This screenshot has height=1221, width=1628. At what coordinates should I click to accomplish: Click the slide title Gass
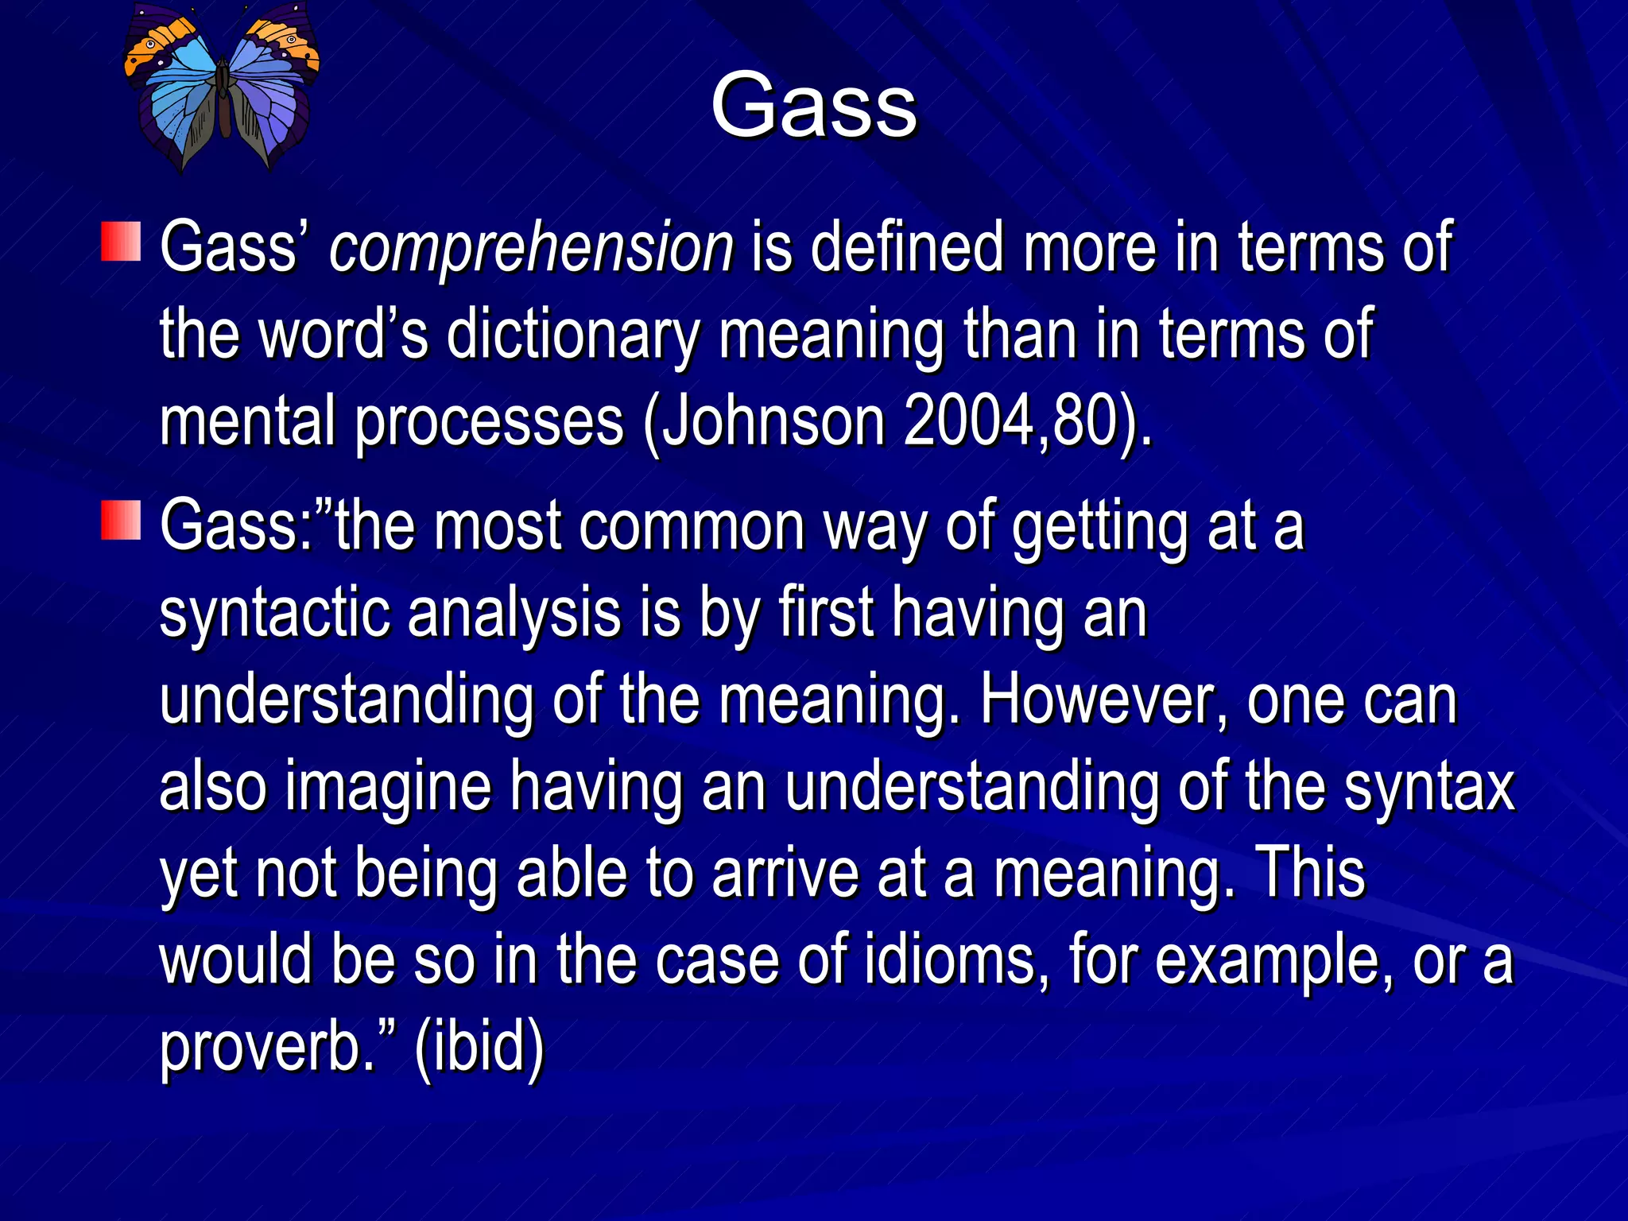813,106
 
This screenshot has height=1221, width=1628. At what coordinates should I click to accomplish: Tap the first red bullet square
121,242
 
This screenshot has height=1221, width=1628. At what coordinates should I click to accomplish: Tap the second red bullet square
121,521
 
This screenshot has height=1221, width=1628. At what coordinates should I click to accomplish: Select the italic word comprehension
531,248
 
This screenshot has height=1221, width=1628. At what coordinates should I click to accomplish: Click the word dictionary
572,335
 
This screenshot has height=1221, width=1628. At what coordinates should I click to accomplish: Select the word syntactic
275,614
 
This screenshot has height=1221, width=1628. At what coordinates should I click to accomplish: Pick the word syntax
1429,787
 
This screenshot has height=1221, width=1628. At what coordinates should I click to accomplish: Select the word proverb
267,1048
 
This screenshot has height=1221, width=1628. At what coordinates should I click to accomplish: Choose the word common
692,526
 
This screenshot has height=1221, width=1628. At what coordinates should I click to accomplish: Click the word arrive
785,874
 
